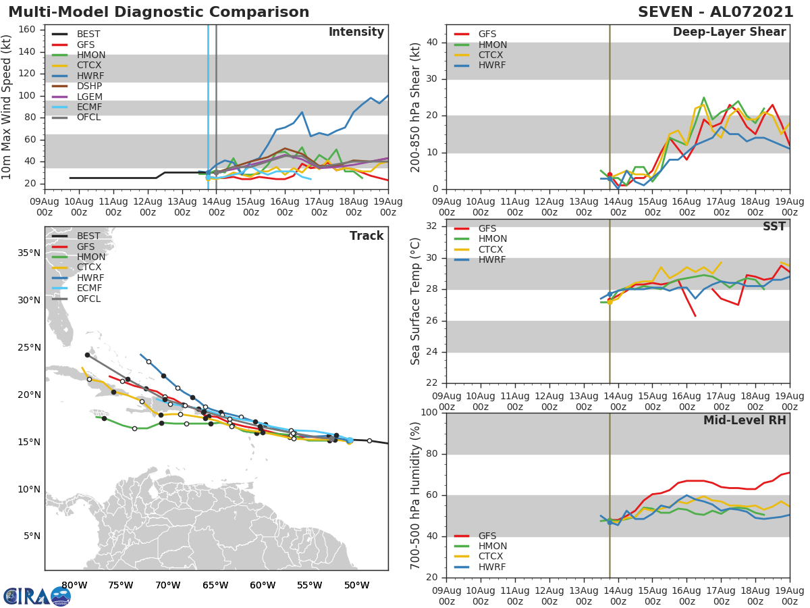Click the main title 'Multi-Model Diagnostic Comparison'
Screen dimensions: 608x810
(159, 12)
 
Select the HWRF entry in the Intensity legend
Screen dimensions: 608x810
(90, 76)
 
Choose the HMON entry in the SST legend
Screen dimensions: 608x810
(492, 239)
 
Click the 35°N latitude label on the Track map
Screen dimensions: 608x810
(29, 253)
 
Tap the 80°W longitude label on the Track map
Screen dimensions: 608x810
(74, 585)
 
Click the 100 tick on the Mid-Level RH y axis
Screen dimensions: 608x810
(430, 413)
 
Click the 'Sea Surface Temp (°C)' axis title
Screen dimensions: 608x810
(416, 301)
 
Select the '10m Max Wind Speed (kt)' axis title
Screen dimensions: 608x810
(7, 107)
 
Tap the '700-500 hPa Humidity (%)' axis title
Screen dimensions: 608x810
(416, 495)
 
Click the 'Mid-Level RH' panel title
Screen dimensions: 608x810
(745, 421)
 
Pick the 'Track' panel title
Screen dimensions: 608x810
(367, 236)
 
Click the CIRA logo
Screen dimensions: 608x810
(37, 596)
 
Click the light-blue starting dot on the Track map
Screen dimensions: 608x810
(350, 440)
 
